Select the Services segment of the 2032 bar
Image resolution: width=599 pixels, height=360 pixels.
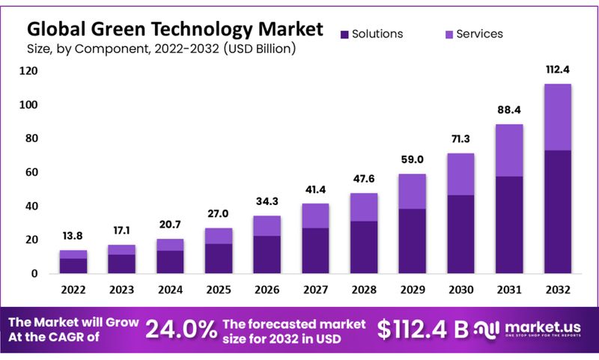pyautogui.click(x=557, y=117)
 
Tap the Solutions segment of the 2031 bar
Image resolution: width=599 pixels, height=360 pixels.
pyautogui.click(x=509, y=225)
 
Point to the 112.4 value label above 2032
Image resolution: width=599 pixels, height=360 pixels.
pyautogui.click(x=557, y=70)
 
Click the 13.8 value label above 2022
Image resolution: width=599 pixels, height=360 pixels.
pyautogui.click(x=73, y=237)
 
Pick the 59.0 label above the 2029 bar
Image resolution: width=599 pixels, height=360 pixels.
pyautogui.click(x=412, y=159)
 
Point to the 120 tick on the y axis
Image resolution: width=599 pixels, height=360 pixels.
pyautogui.click(x=28, y=71)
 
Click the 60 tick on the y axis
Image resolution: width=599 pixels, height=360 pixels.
pyautogui.click(x=31, y=172)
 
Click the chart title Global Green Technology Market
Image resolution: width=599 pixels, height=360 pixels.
pyautogui.click(x=175, y=29)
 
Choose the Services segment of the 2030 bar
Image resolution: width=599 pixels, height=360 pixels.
pyautogui.click(x=460, y=174)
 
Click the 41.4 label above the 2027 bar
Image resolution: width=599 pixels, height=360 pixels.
pyautogui.click(x=315, y=189)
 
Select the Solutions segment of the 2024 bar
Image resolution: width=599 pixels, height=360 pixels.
pyautogui.click(x=169, y=261)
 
